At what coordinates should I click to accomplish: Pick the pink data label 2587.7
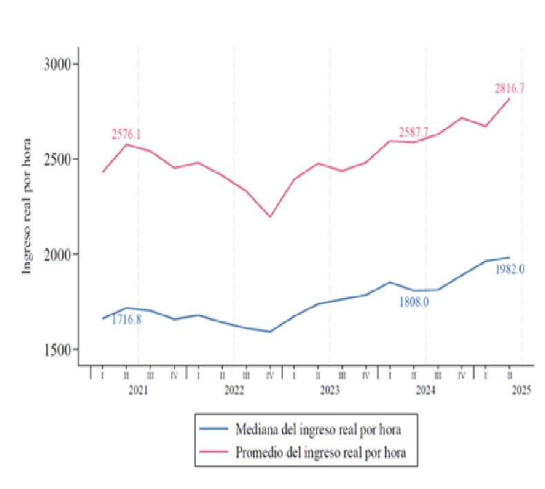coord(415,132)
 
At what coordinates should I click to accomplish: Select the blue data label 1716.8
coord(126,319)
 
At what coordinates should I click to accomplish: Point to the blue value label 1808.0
coord(414,301)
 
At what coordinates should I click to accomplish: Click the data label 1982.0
coord(510,269)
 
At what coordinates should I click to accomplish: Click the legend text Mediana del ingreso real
coord(318,430)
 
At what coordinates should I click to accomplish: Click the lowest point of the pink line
coord(270,217)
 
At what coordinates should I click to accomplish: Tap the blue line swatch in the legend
coord(213,430)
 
